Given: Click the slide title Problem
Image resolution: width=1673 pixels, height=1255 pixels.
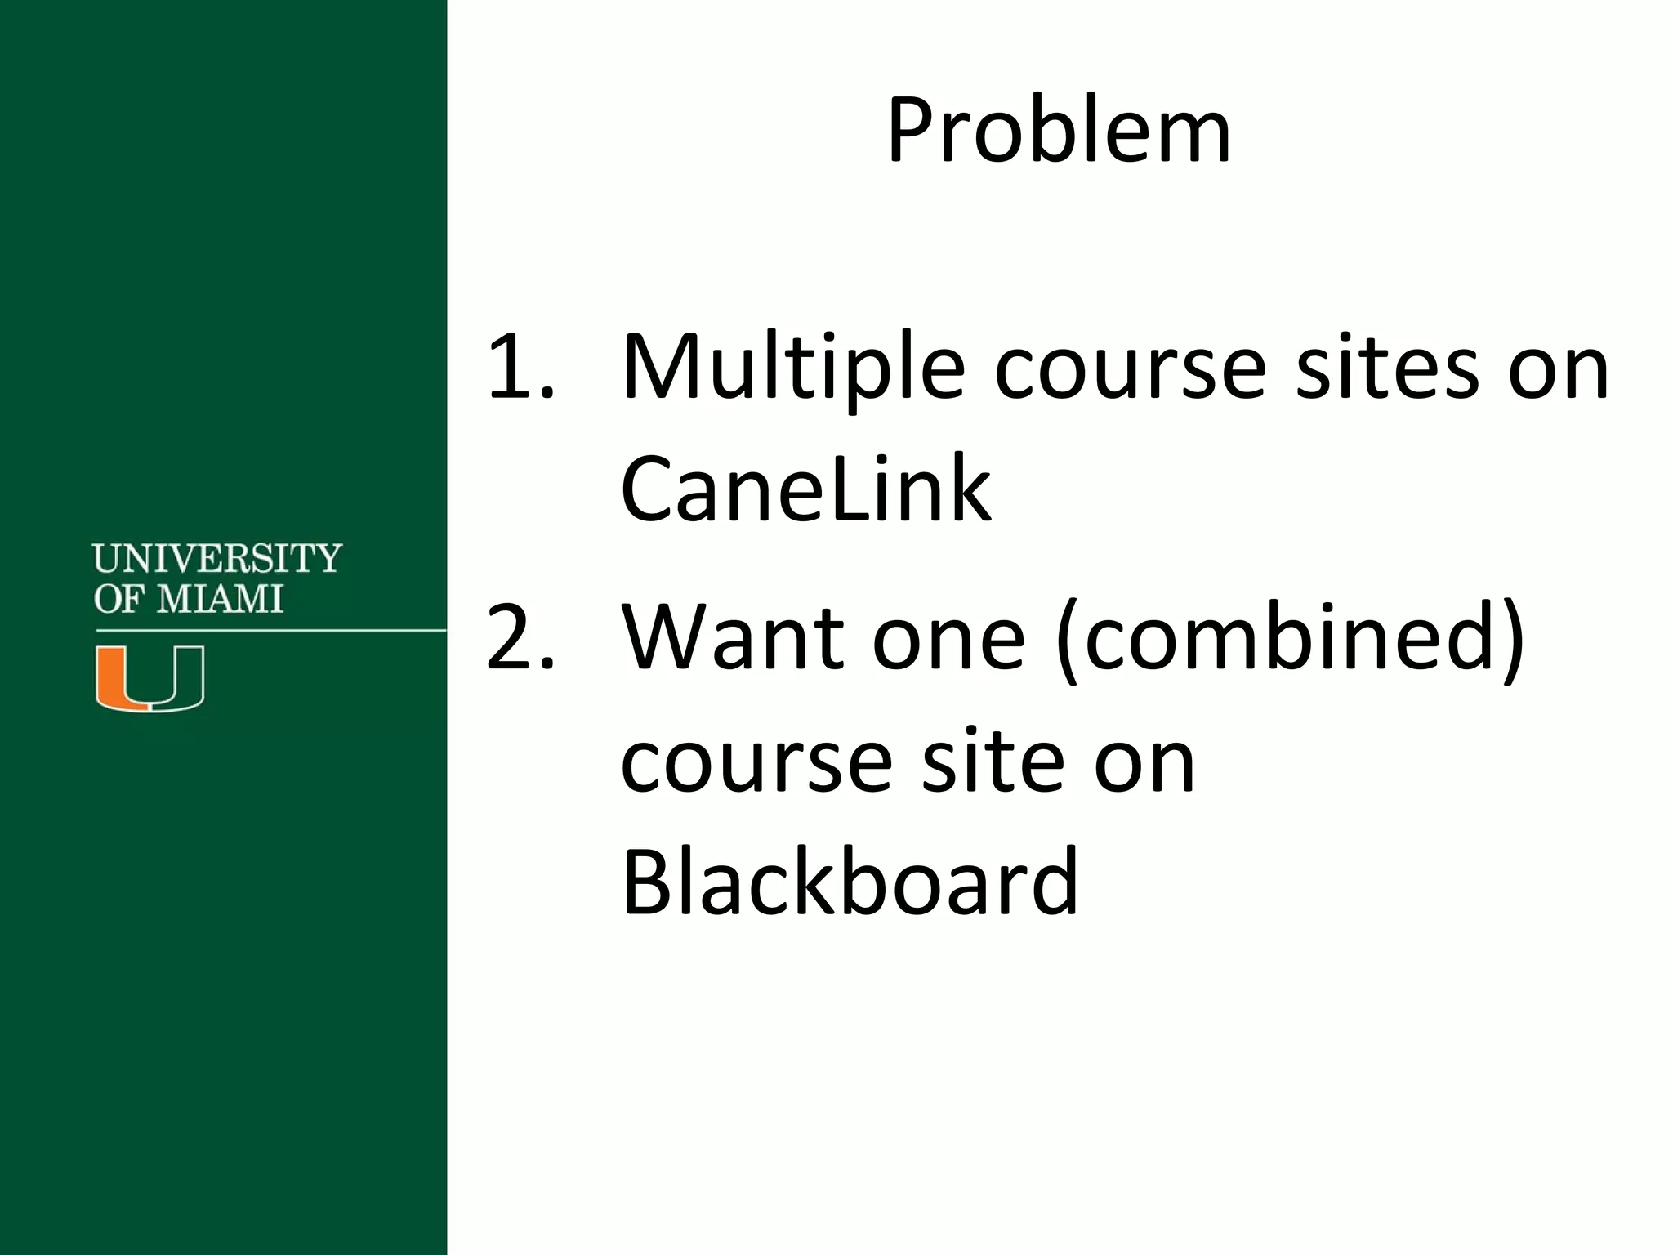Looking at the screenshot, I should coord(1059,132).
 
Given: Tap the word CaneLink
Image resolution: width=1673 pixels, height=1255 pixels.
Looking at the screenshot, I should coord(805,489).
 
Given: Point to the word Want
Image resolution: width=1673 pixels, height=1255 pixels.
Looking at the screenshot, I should coord(732,637).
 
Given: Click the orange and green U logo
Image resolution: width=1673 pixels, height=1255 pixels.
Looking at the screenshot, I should coord(149,677).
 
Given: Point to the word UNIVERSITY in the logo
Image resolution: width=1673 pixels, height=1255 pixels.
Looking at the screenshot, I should coord(216,558).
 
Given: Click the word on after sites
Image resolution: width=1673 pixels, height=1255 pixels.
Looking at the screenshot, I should coord(1558,369).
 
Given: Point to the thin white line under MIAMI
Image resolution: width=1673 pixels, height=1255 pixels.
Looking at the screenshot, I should coord(270,630).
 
